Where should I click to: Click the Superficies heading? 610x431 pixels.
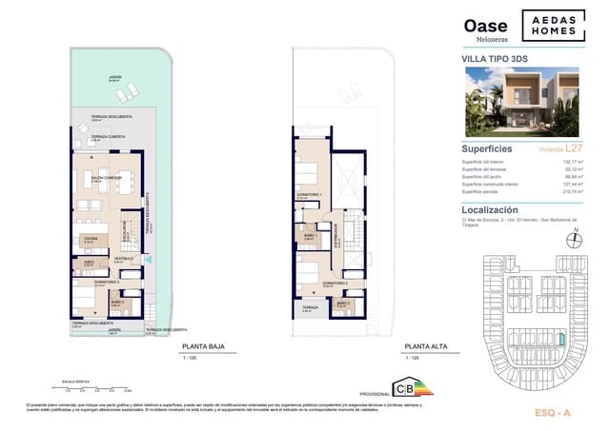click(x=487, y=149)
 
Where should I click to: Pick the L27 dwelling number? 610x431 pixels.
click(x=573, y=149)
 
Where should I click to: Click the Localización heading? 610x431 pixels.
click(x=490, y=209)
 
